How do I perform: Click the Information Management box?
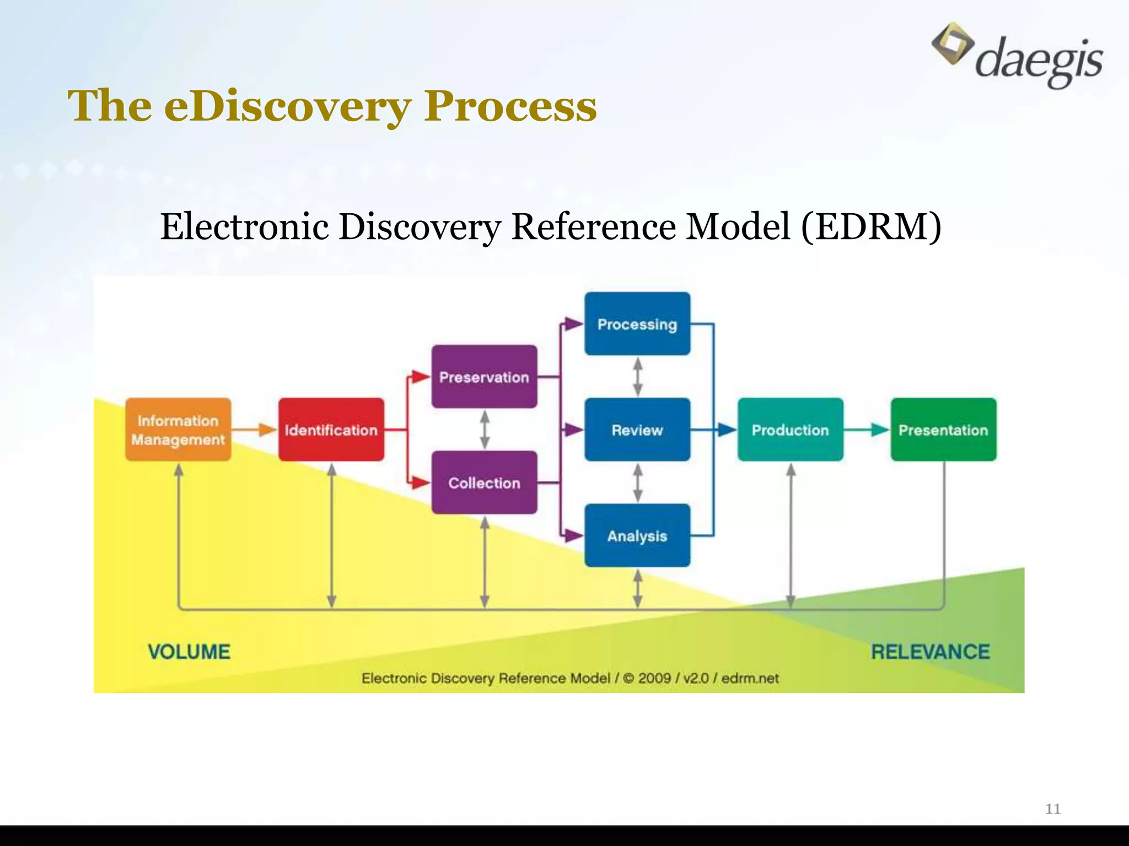click(178, 430)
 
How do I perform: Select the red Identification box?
click(331, 430)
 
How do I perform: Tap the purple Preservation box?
click(484, 377)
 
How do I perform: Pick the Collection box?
click(484, 482)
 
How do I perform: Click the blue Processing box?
click(637, 324)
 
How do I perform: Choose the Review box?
click(637, 430)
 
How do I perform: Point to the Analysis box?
click(637, 535)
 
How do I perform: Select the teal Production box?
click(790, 430)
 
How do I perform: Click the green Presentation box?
click(943, 430)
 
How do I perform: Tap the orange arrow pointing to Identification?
click(255, 430)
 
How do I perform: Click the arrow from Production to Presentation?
click(867, 430)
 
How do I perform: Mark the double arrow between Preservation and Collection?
click(485, 430)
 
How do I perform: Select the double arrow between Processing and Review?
click(638, 377)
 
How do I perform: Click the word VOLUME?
click(189, 652)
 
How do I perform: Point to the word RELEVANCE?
click(930, 652)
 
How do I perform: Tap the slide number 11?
click(1053, 809)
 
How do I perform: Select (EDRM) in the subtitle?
click(871, 227)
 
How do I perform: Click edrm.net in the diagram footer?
click(750, 678)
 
